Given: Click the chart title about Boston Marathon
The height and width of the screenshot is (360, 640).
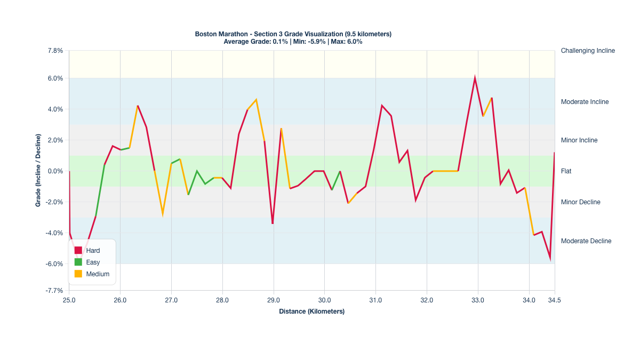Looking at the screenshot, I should coord(293,34).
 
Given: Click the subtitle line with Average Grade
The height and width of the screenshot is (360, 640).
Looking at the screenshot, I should coord(293,42).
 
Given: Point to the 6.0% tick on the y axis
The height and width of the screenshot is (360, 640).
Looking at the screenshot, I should coord(55,78).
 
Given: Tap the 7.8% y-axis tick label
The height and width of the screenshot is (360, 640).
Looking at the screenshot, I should coord(55,51).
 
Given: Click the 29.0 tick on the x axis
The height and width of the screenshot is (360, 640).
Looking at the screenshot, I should coord(274,301).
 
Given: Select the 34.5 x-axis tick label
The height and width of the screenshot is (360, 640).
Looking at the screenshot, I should coord(555,301).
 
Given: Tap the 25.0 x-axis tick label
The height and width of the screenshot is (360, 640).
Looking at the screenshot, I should coord(69,301).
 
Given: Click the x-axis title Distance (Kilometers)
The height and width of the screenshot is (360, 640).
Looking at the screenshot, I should coord(311,311).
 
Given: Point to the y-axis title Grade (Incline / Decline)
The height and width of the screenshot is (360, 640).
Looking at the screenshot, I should coord(38,171).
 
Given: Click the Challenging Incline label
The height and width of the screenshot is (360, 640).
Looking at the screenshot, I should coord(588,51).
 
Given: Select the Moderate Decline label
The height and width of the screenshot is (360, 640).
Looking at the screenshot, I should coord(586,241).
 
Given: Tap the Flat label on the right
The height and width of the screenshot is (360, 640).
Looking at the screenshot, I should coord(566,171).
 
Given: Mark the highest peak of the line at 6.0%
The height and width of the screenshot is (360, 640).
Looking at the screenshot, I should coord(475,78).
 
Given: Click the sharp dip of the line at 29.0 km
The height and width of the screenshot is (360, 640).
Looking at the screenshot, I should coord(273,223).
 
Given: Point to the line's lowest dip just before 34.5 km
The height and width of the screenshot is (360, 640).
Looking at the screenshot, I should coord(550,259).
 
